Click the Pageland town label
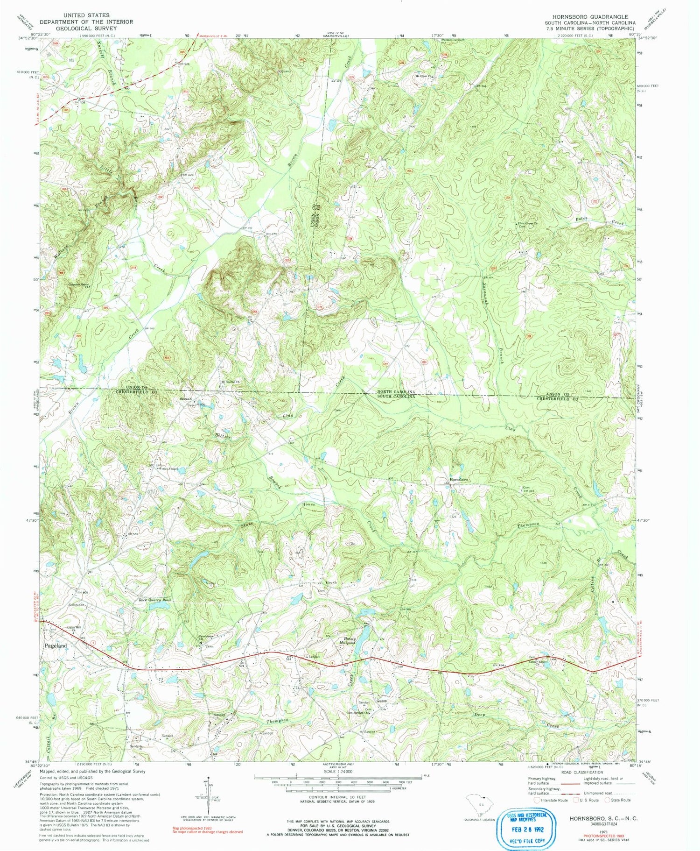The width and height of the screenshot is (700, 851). [x=56, y=646]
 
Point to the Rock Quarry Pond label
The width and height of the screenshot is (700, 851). [x=155, y=599]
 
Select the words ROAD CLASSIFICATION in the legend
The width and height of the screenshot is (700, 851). [x=578, y=772]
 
